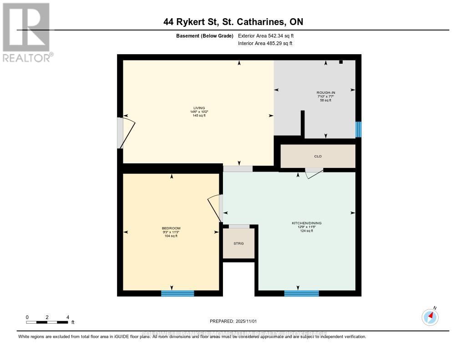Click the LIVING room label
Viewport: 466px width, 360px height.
pos(198,108)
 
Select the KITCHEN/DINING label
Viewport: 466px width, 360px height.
pos(306,223)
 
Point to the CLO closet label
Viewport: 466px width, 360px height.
pos(318,156)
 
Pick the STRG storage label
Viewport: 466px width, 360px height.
pos(238,243)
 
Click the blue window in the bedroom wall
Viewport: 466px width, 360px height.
pos(177,293)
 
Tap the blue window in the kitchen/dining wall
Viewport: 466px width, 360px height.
pos(301,293)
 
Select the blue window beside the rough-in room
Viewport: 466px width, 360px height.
pos(358,129)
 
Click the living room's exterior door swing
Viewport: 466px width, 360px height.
pos(127,132)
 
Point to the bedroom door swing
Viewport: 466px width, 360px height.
pos(214,208)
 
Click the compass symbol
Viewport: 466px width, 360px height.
pos(430,317)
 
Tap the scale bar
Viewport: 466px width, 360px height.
pos(47,322)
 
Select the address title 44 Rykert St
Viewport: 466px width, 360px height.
pos(233,21)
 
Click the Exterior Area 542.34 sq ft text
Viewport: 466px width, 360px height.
pos(269,35)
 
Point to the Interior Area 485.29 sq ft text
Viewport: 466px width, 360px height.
pos(265,44)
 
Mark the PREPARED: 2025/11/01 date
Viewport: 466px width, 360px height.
pos(233,321)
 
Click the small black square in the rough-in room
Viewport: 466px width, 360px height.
pos(341,62)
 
